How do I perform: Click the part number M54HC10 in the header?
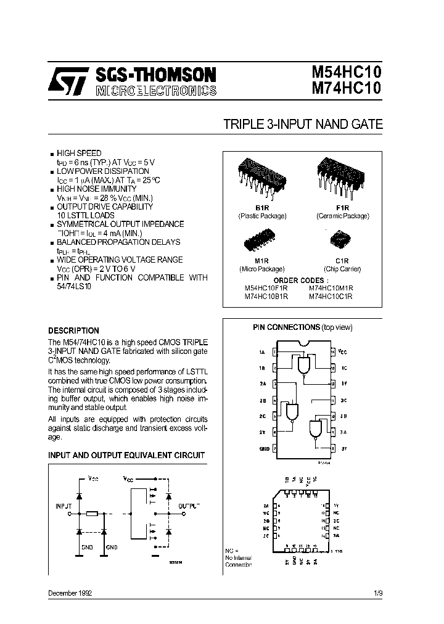click(343, 74)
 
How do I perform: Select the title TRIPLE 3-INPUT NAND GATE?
click(303, 124)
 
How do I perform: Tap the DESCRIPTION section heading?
click(73, 330)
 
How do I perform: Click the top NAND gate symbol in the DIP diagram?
click(304, 366)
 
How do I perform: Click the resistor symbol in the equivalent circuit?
click(91, 513)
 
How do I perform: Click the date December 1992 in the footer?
click(70, 593)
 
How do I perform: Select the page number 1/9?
click(377, 593)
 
